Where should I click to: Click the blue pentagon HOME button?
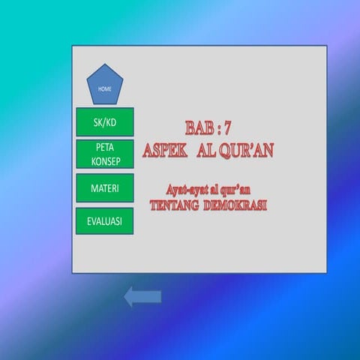[x=105, y=85]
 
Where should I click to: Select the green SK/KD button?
[x=105, y=121]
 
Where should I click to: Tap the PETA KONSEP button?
[x=105, y=154]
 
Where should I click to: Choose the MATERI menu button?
[x=105, y=187]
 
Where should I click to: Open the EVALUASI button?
[x=105, y=221]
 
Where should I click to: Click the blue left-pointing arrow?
[x=142, y=297]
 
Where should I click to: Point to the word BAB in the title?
[x=198, y=128]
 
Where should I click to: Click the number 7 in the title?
[x=227, y=128]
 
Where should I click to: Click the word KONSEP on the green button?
[x=105, y=161]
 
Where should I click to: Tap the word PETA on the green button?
[x=105, y=148]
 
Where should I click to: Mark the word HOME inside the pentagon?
[x=105, y=89]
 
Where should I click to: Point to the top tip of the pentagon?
[x=105, y=64]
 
